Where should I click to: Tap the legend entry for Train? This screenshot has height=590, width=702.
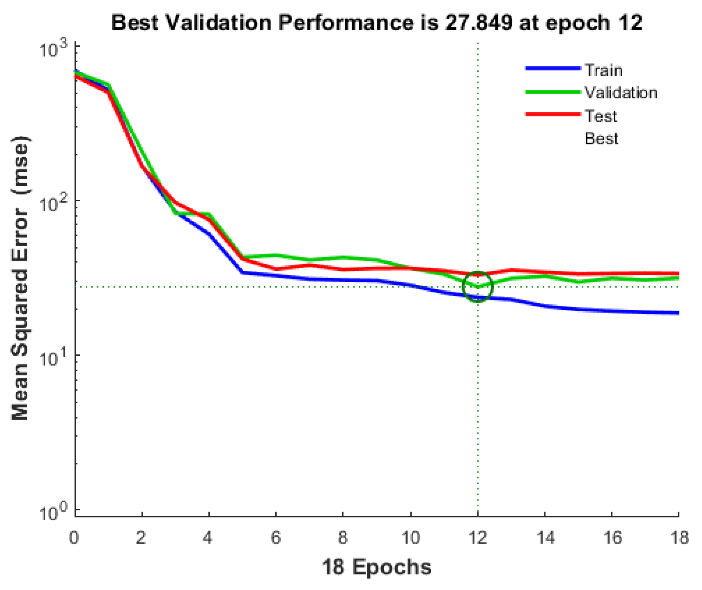(x=603, y=70)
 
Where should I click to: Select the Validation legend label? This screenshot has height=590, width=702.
(x=620, y=93)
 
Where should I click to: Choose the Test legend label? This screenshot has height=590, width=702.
(x=600, y=116)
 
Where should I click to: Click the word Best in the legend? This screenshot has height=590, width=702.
(x=601, y=139)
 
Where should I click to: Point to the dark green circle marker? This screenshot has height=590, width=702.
(x=478, y=287)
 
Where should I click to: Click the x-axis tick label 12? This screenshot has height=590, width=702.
(x=477, y=538)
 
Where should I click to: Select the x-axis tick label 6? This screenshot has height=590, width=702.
(x=276, y=538)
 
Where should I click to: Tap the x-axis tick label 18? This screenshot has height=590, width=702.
(x=679, y=538)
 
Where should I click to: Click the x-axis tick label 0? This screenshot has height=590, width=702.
(x=74, y=538)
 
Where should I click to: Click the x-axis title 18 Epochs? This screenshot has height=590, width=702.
(x=376, y=567)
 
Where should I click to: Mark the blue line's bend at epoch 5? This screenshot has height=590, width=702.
(x=243, y=272)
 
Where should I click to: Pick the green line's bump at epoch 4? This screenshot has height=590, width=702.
(x=209, y=215)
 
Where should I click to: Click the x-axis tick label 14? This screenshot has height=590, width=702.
(x=545, y=538)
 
